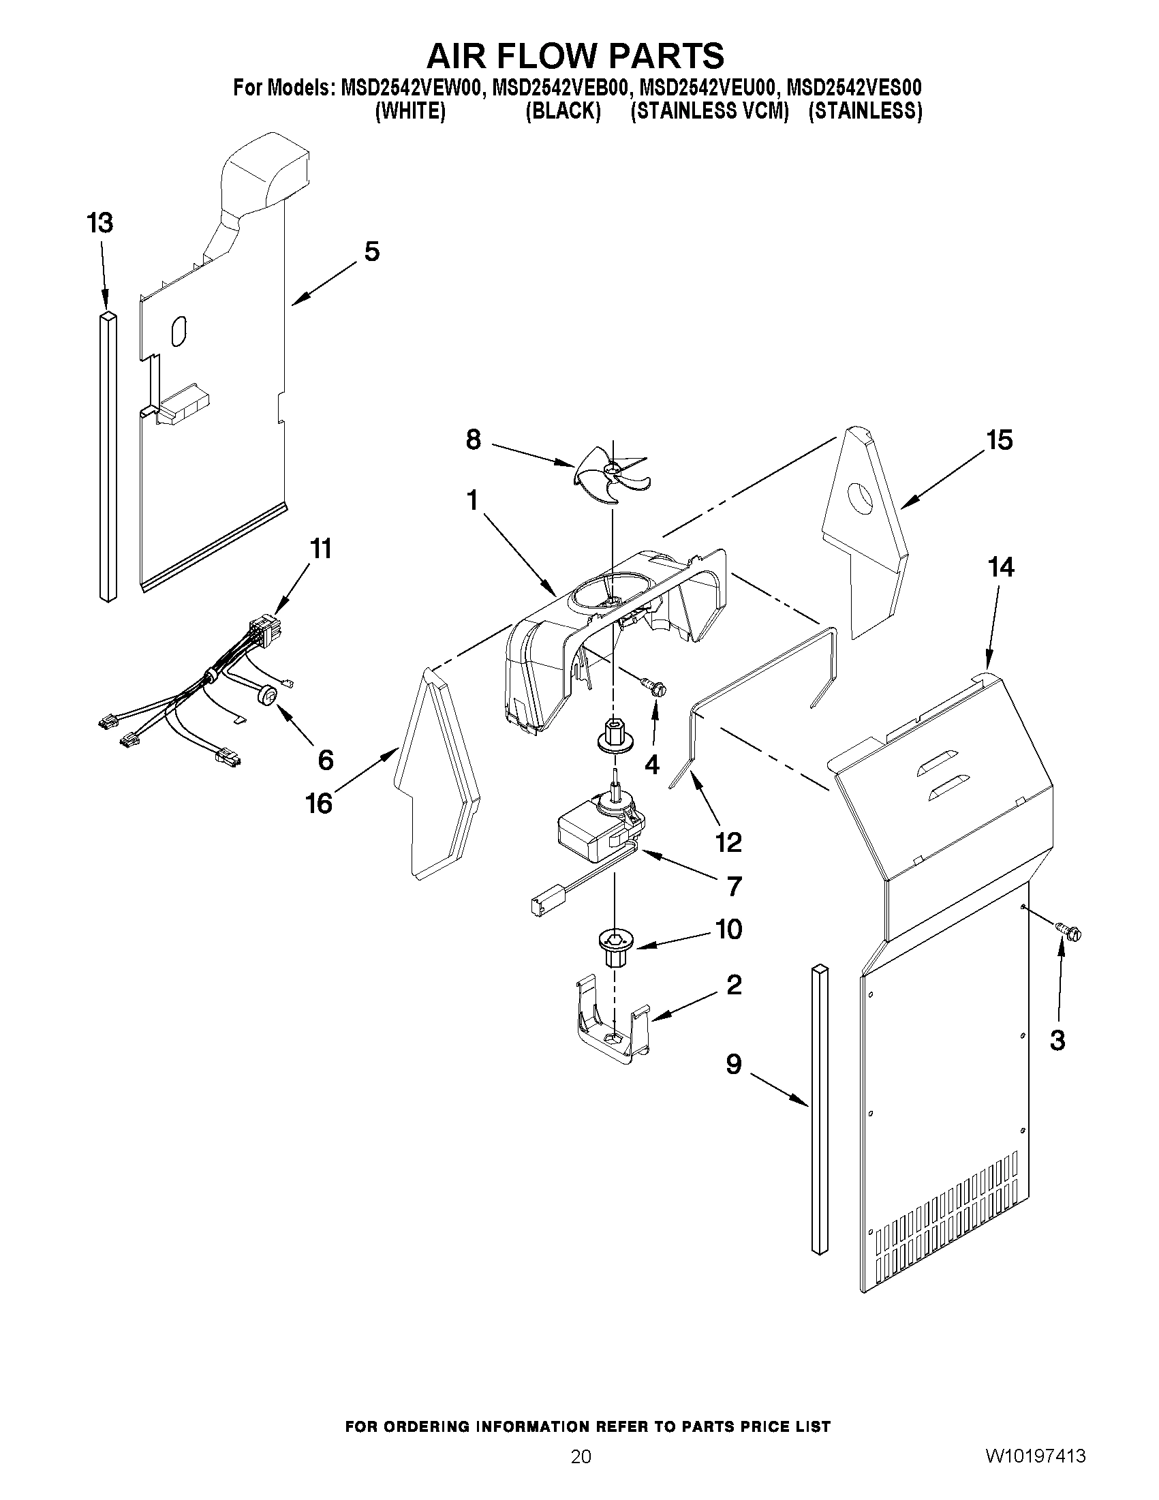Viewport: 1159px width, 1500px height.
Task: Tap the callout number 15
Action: pyautogui.click(x=999, y=440)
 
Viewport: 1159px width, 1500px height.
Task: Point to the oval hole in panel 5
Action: pyautogui.click(x=178, y=331)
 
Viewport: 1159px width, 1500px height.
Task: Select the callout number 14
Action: pyautogui.click(x=1000, y=567)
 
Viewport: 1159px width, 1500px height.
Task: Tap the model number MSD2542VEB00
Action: pyautogui.click(x=560, y=88)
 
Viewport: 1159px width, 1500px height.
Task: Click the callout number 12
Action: pyautogui.click(x=728, y=842)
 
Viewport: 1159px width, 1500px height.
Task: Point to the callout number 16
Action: pyautogui.click(x=320, y=803)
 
